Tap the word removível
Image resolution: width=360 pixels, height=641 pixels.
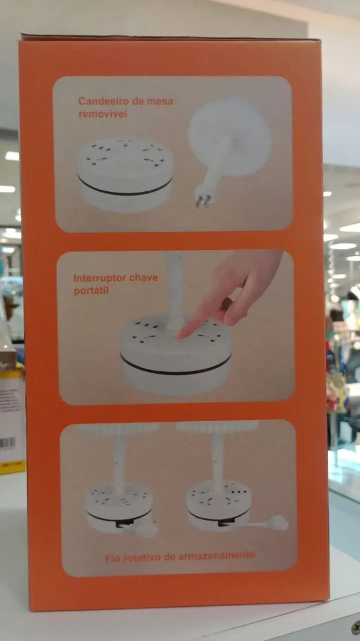point(103,114)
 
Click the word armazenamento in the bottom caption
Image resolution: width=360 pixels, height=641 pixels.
point(216,556)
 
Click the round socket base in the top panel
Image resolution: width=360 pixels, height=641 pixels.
point(125,175)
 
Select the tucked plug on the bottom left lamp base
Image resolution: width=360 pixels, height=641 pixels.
point(147,526)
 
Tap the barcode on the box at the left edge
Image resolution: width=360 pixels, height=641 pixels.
point(8,443)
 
